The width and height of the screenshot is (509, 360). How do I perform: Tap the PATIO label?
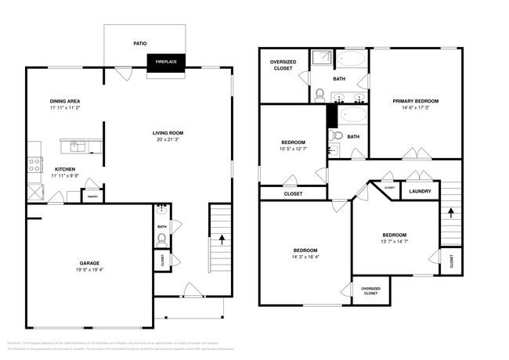point(140,44)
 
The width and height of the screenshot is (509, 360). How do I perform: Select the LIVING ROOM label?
point(168,133)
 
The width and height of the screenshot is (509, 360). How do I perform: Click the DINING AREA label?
point(66,102)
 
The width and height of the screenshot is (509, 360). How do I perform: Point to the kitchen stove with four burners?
point(35,164)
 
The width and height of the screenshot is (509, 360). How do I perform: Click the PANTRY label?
point(92,196)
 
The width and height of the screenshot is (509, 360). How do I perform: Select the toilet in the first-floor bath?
point(161,239)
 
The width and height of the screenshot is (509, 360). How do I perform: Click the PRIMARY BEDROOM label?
point(416,101)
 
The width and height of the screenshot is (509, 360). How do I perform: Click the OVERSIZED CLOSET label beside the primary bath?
point(283,65)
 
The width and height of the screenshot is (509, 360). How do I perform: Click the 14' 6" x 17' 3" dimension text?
point(416,108)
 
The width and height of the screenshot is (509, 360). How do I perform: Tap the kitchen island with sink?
point(81,146)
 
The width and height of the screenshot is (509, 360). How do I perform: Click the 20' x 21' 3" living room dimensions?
point(168,140)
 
